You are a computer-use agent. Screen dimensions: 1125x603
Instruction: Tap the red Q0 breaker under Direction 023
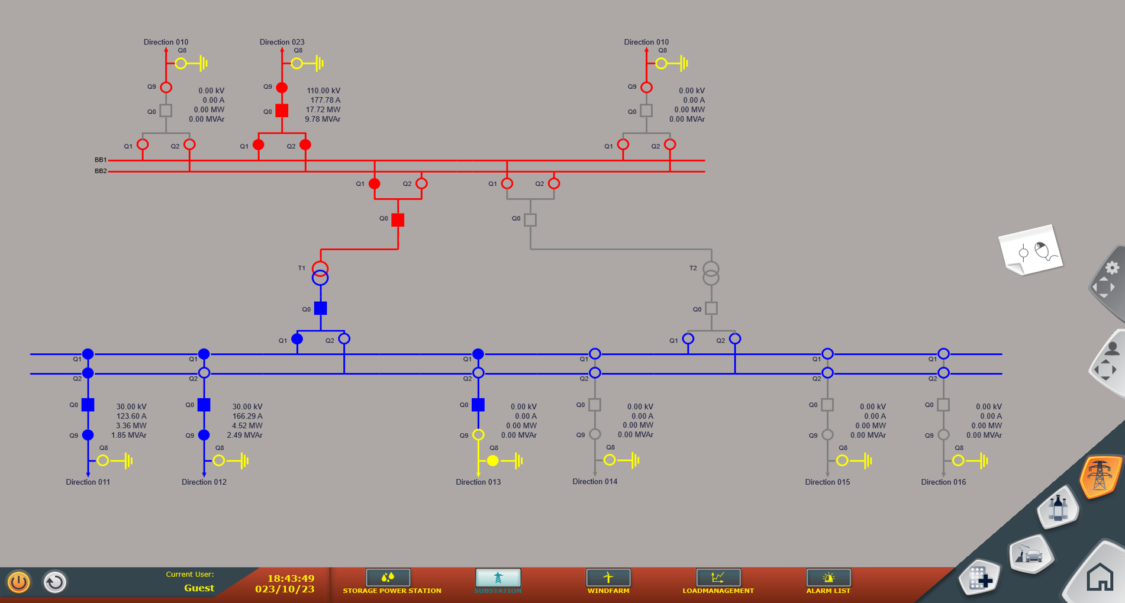click(282, 111)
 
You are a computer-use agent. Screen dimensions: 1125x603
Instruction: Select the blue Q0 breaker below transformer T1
click(320, 308)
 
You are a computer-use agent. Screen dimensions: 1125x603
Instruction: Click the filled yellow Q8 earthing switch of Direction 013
click(493, 460)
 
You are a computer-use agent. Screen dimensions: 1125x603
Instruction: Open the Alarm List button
click(828, 582)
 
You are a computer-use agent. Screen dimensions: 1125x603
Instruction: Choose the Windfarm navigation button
click(608, 582)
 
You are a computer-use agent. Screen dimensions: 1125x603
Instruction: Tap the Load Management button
click(718, 582)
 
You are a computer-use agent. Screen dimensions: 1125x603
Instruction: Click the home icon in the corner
click(1100, 577)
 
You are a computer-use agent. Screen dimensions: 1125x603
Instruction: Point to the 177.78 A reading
click(325, 100)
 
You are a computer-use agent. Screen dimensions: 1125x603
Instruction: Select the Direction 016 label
click(943, 482)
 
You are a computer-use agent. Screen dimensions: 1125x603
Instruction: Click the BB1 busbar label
click(101, 160)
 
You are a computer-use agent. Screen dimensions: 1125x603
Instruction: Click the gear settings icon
click(1112, 267)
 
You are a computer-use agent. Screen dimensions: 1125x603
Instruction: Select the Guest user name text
click(199, 588)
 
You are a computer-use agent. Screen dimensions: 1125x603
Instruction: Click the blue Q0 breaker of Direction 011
click(88, 405)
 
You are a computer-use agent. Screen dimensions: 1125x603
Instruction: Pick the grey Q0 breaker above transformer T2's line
click(530, 220)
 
